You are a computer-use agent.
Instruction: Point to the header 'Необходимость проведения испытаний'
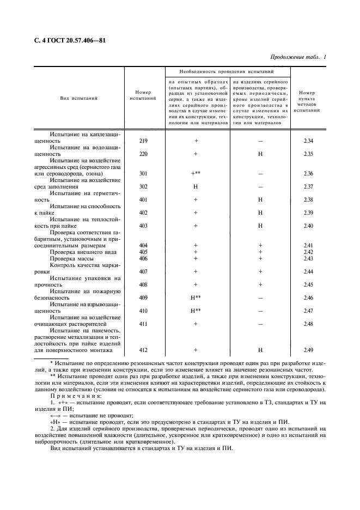(227, 72)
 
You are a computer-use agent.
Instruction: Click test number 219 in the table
(144, 141)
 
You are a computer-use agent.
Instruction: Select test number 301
(144, 173)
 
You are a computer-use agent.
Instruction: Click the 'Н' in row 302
(196, 186)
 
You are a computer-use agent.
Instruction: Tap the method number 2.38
(308, 199)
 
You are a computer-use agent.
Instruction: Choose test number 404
(144, 245)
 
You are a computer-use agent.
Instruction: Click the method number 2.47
(308, 311)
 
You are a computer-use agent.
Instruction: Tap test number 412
(144, 350)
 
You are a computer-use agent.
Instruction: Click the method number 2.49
(308, 350)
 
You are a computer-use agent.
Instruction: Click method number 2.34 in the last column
(308, 141)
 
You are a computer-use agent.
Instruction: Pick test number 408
(144, 284)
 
